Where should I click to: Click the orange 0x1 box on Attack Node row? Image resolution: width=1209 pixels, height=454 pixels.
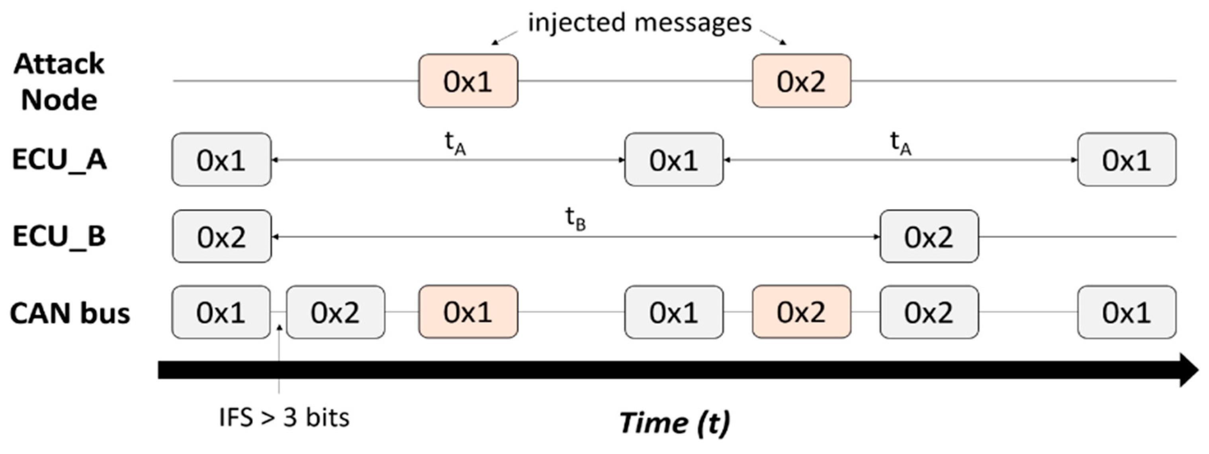(468, 81)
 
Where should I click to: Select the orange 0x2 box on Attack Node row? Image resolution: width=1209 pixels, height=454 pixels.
(801, 81)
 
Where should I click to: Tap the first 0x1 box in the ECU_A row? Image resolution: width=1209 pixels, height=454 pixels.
(221, 160)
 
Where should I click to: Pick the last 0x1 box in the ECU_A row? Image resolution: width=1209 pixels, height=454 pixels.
(1127, 160)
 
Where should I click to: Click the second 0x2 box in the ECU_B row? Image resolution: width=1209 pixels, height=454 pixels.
(929, 236)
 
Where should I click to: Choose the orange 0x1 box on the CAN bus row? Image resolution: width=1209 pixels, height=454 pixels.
(468, 312)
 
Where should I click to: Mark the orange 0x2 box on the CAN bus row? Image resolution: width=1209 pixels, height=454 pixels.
(801, 312)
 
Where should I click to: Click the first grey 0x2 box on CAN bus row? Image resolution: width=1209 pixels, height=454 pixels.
(335, 312)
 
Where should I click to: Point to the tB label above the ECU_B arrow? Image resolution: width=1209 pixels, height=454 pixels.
(575, 218)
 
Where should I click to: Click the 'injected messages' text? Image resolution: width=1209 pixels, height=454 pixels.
(639, 23)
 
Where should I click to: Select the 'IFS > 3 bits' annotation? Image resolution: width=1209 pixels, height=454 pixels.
(284, 417)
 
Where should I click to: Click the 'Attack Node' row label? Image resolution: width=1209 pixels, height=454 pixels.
(59, 82)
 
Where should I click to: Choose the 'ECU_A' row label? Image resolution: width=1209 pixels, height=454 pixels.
(59, 160)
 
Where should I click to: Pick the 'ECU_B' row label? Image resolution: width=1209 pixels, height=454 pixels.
(59, 236)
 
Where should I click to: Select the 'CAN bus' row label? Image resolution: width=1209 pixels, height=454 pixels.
(69, 313)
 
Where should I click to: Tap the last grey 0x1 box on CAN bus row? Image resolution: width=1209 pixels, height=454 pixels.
(1127, 312)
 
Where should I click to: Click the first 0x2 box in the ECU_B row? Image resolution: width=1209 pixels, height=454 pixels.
(221, 236)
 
